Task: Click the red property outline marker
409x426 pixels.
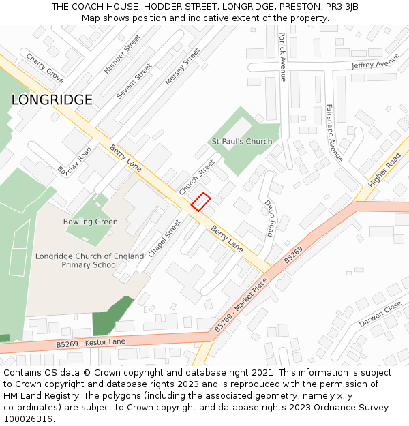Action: [200, 202]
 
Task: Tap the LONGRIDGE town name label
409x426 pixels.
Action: [52, 100]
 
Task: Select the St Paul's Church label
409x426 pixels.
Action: [241, 142]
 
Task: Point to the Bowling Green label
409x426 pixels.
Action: [90, 222]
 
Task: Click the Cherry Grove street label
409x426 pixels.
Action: [45, 68]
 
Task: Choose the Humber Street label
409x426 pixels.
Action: [122, 55]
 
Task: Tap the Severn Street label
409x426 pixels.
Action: [134, 82]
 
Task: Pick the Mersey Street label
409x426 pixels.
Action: [183, 66]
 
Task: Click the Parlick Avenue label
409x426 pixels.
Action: [282, 59]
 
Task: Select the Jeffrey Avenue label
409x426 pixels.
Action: [375, 65]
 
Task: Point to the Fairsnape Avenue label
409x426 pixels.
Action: [334, 132]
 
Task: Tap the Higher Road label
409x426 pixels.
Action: [384, 170]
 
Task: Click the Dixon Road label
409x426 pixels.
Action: [270, 218]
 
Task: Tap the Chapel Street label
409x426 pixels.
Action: [164, 238]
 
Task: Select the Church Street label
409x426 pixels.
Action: [197, 178]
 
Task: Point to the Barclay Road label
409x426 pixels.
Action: [74, 160]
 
